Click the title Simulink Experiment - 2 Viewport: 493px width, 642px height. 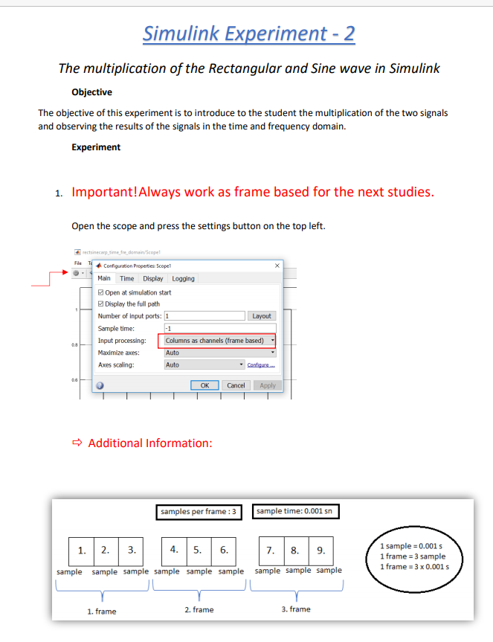coord(248,33)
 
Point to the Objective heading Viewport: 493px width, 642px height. coord(91,92)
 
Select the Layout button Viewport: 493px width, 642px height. coord(261,316)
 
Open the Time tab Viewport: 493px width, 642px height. coord(127,279)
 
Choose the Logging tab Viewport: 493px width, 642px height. coord(183,279)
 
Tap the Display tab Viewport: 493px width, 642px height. coord(153,279)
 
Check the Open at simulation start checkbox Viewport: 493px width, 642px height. coord(102,292)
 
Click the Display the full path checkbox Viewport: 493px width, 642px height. coord(102,304)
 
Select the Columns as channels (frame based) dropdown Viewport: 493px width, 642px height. coord(216,341)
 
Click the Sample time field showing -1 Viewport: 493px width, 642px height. coord(219,328)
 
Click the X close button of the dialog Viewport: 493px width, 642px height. coord(277,266)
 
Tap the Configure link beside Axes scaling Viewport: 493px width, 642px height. coord(261,365)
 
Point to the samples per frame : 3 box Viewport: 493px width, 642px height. coord(199,512)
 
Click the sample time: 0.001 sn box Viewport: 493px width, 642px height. coord(297,512)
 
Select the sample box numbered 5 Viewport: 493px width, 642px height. coord(198,551)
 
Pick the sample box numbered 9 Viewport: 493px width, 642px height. coord(320,552)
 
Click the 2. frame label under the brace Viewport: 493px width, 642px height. coord(199,610)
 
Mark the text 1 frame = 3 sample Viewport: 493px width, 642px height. coord(412,556)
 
